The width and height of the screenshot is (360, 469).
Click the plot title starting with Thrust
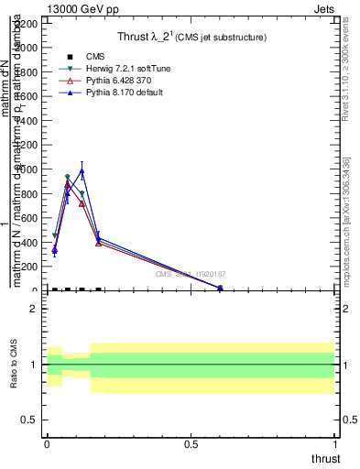pos(191,38)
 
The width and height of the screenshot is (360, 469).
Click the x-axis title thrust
pos(324,459)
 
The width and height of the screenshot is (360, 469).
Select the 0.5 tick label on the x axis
pos(191,444)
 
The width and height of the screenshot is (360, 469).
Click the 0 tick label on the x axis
pos(47,444)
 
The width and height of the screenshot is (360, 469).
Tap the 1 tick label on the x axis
pos(336,444)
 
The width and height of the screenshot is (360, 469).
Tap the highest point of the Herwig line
pos(68,178)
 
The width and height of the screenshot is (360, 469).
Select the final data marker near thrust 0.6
pos(220,289)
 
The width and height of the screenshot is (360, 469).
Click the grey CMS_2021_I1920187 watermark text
pos(191,274)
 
